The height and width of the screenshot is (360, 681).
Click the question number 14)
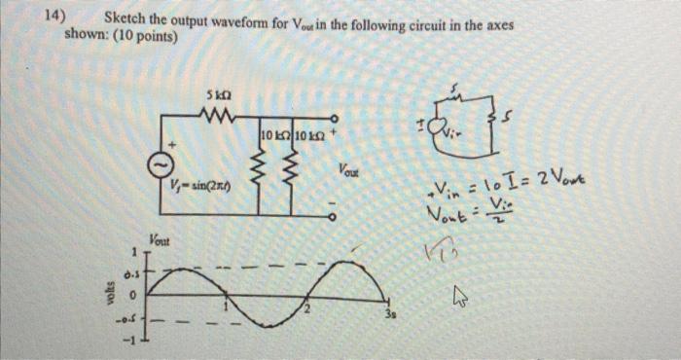[x=54, y=17]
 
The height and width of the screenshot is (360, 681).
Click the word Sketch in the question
[x=125, y=17]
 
